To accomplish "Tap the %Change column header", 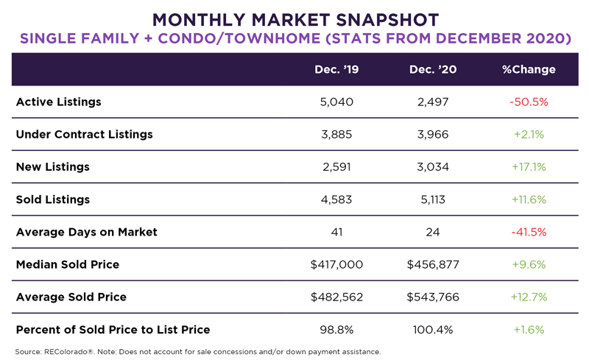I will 529,70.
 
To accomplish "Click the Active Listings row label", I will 59,102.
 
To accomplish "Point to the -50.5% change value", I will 529,102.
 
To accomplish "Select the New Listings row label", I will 53,167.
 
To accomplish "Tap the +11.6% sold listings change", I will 529,200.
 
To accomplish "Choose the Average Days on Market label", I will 87,232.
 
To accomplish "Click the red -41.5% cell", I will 529,232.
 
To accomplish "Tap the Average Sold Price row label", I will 71,297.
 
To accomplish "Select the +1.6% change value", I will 529,329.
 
